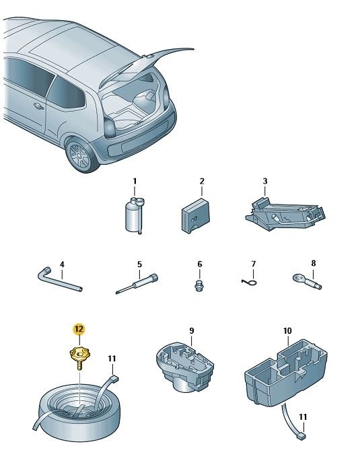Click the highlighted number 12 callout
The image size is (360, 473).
click(x=79, y=329)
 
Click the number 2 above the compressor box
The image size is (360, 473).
click(x=202, y=181)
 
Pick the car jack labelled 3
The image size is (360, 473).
click(x=285, y=213)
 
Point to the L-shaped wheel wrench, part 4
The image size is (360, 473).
click(x=59, y=279)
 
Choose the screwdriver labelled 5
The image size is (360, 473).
click(x=137, y=283)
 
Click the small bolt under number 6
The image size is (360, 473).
click(x=199, y=285)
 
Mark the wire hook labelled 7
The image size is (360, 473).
click(x=250, y=282)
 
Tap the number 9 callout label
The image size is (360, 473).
click(x=192, y=330)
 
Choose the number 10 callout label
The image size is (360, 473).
click(x=287, y=331)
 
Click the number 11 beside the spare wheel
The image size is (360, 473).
click(x=112, y=359)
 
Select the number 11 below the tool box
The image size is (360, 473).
click(x=303, y=417)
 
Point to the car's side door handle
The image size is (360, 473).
click(x=38, y=106)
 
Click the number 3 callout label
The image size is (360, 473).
click(x=265, y=181)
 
